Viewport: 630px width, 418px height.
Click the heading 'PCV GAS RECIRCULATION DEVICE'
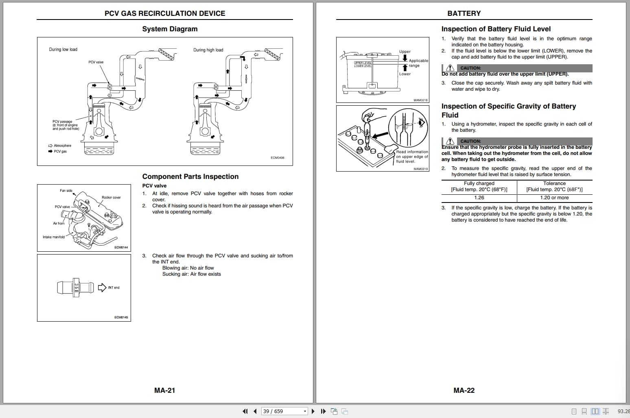click(165, 13)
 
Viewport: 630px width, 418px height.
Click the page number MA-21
click(164, 390)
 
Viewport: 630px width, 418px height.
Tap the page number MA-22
click(464, 390)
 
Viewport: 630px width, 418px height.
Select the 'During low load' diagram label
click(63, 50)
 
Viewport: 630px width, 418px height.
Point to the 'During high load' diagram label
click(208, 50)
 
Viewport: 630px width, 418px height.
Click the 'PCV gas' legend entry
click(60, 151)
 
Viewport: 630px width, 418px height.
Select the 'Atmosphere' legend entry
click(62, 146)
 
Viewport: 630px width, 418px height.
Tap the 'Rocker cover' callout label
click(111, 198)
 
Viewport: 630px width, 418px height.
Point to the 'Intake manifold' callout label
click(54, 237)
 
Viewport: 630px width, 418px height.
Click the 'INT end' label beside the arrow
click(114, 287)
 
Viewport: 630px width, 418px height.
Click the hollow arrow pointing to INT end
click(102, 287)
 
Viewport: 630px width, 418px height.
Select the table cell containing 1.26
click(479, 198)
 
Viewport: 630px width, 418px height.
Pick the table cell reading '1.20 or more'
click(554, 198)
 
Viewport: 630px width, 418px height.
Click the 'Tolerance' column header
click(554, 183)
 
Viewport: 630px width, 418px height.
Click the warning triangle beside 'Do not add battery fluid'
click(450, 68)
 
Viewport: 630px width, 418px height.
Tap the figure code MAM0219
click(421, 169)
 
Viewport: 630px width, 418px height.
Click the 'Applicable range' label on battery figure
click(418, 63)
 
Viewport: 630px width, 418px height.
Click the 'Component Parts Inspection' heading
click(190, 176)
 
